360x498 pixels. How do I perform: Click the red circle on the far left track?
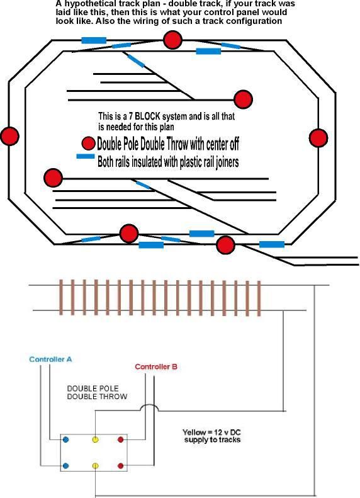[x=9, y=136]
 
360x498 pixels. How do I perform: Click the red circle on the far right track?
[x=318, y=137]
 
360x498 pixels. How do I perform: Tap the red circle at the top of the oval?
[x=172, y=40]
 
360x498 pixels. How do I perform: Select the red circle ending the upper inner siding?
[x=243, y=99]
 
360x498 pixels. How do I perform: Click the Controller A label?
[x=50, y=359]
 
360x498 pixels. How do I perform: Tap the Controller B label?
[x=157, y=366]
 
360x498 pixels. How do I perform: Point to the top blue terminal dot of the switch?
[x=66, y=439]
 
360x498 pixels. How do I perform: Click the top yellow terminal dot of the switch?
[x=95, y=439]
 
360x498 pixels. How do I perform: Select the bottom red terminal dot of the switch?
[x=120, y=466]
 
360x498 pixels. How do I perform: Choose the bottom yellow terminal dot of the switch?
[x=95, y=466]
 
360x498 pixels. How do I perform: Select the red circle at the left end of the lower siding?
[x=52, y=178]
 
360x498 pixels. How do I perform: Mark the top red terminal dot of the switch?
[x=120, y=439]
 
